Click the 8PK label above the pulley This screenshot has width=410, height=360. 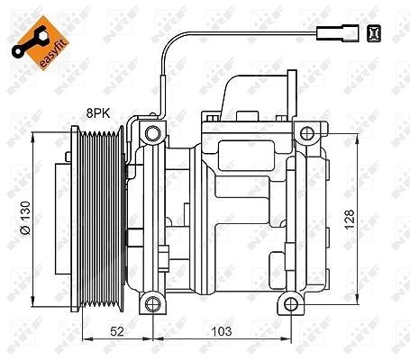[98, 113]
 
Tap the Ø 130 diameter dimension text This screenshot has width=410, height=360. [25, 218]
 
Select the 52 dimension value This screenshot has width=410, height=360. [117, 331]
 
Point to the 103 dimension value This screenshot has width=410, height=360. [222, 331]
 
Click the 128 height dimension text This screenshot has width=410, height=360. [350, 220]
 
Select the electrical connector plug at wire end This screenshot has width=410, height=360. [338, 33]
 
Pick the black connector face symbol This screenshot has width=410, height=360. [374, 33]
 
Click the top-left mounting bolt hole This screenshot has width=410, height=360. [153, 133]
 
